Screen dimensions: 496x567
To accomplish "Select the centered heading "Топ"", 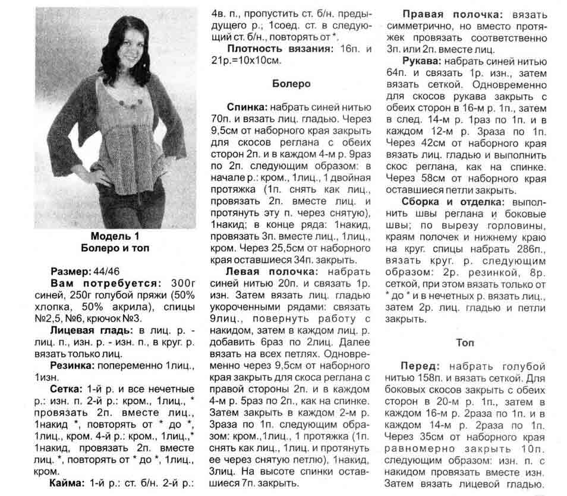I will pos(465,342).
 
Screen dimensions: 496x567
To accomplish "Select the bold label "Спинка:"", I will pos(247,107).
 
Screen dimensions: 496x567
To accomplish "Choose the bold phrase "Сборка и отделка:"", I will pos(452,202).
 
